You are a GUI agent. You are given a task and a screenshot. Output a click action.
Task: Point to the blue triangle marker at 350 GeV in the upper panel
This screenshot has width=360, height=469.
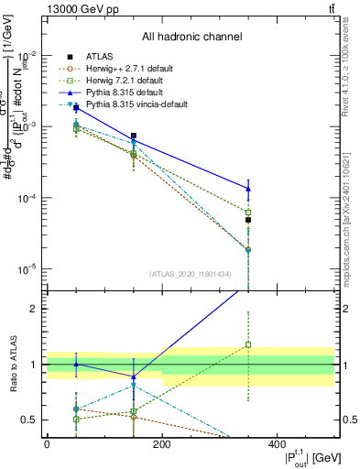[248, 189]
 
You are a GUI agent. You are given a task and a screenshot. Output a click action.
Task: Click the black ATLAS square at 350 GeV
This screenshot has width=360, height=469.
[248, 220]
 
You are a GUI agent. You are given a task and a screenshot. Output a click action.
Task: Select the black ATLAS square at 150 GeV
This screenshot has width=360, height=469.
[134, 136]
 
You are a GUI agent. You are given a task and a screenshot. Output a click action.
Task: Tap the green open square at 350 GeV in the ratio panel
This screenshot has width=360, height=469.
[248, 345]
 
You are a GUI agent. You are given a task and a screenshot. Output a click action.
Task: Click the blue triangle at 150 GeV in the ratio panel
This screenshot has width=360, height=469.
[134, 376]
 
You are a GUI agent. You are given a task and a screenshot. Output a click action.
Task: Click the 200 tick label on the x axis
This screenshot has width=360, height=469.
[162, 443]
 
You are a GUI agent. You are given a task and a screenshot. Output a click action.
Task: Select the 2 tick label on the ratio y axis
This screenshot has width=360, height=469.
[35, 309]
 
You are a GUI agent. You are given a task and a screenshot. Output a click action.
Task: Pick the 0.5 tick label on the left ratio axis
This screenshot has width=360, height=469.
[30, 420]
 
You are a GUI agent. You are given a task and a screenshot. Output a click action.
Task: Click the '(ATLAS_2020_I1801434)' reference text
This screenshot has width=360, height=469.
[190, 274]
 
